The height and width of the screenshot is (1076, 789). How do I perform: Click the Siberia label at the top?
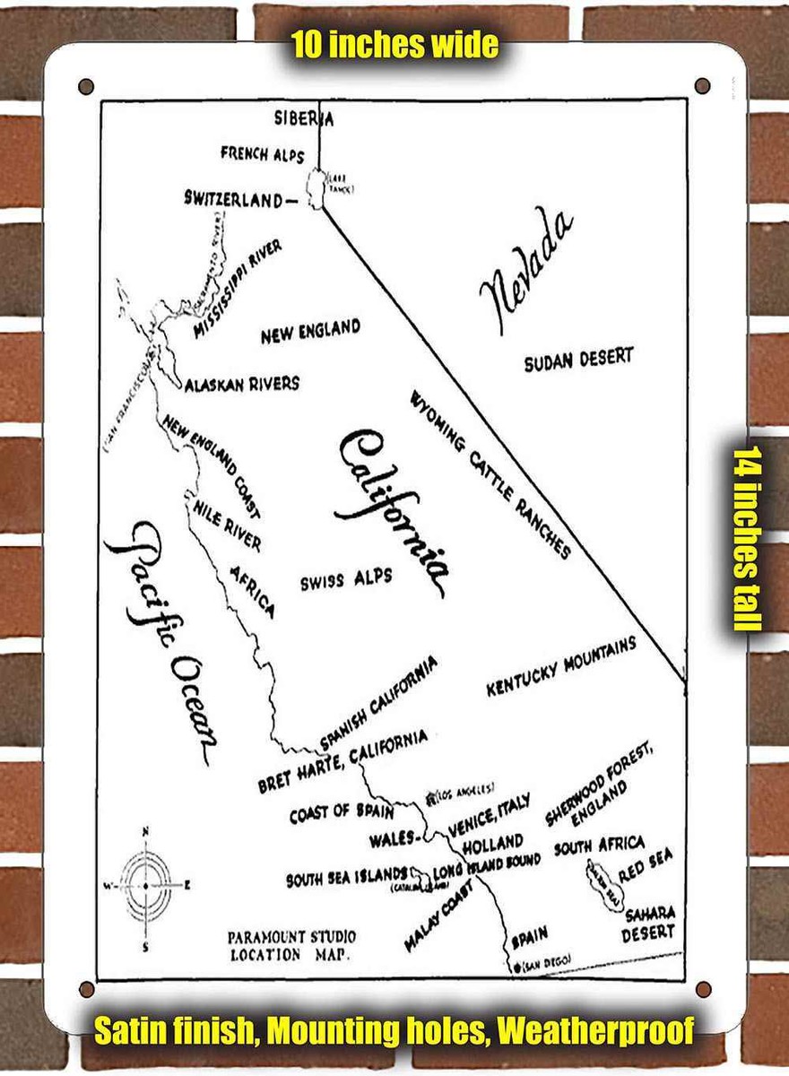coord(304,118)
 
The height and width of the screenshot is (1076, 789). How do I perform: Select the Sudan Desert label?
coord(578,359)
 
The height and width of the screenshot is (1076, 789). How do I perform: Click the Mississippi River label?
coord(238,290)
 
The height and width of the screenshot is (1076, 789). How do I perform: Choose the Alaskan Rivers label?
coord(242,384)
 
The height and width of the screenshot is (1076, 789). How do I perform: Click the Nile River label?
coord(228,525)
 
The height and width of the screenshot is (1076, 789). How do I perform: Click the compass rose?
coord(145,885)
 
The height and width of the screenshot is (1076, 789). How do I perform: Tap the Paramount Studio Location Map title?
coord(291,946)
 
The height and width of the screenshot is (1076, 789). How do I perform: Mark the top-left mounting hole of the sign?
coord(86,87)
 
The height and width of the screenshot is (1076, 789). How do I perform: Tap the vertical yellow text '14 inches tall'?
coord(749,538)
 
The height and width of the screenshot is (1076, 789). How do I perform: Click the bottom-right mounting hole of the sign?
coord(703,989)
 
